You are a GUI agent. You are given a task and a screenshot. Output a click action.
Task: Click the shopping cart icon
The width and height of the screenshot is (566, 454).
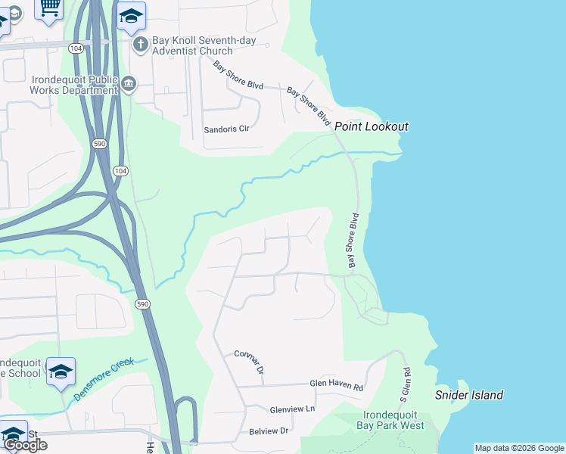(50, 8)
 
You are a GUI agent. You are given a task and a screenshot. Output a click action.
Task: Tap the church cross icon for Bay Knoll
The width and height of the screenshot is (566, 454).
(140, 45)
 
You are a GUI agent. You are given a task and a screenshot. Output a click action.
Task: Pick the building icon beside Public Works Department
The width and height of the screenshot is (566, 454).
(129, 83)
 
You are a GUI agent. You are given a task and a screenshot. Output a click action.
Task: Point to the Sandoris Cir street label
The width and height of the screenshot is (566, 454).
(226, 129)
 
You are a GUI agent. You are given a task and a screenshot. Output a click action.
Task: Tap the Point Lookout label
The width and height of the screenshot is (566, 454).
(372, 127)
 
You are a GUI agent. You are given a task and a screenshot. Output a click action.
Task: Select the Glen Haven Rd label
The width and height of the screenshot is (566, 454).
(337, 385)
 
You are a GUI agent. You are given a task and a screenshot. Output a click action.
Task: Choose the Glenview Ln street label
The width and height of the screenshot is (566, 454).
(292, 409)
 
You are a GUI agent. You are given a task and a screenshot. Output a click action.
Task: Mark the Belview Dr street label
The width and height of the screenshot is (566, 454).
(269, 431)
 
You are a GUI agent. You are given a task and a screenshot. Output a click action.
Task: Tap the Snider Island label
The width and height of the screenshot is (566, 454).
(468, 395)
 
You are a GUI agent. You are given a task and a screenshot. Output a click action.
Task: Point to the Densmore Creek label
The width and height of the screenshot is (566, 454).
(104, 379)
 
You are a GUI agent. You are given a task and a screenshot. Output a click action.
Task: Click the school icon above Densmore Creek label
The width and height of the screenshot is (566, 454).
(61, 371)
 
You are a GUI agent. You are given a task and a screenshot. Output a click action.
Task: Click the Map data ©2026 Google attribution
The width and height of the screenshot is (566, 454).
(519, 448)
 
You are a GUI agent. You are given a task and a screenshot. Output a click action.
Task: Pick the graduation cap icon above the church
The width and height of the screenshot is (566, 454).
(132, 16)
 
